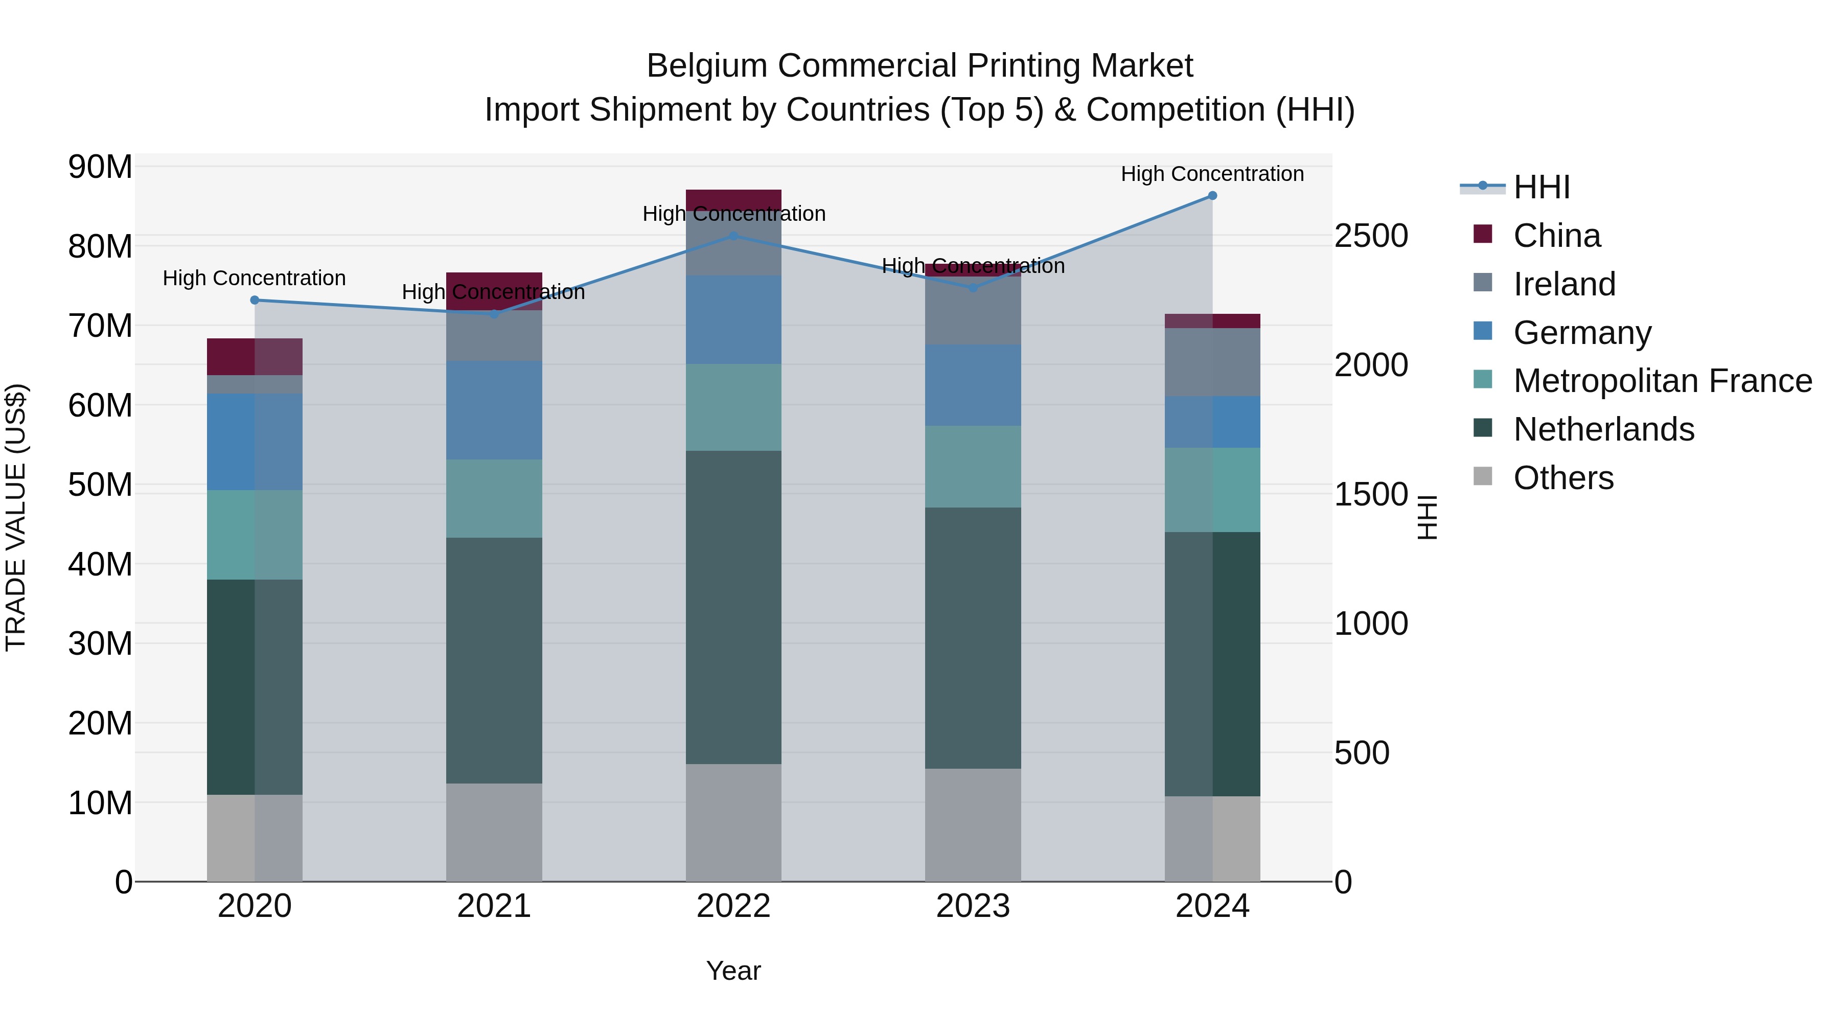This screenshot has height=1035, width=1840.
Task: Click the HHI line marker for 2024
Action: click(x=1212, y=196)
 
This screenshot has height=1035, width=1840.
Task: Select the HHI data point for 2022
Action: click(x=733, y=236)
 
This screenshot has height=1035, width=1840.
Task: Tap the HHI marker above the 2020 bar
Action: click(x=255, y=300)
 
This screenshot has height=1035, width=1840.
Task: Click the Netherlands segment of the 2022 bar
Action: click(x=733, y=607)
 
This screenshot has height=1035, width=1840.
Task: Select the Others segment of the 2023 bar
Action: click(x=973, y=825)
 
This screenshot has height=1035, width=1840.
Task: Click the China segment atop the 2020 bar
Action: click(x=255, y=356)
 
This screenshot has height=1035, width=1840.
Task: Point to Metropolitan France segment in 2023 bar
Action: click(x=973, y=467)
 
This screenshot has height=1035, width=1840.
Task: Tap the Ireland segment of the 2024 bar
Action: click(x=1212, y=362)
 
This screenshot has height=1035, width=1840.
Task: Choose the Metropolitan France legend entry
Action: click(x=1662, y=381)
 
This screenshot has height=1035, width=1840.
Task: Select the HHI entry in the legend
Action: click(x=1542, y=187)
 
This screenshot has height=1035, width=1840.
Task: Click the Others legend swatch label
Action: click(x=1563, y=478)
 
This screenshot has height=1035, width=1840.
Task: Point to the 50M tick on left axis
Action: click(x=100, y=485)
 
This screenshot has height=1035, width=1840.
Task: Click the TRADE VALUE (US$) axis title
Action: click(x=16, y=517)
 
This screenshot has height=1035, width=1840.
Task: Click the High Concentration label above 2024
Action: click(x=1212, y=174)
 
